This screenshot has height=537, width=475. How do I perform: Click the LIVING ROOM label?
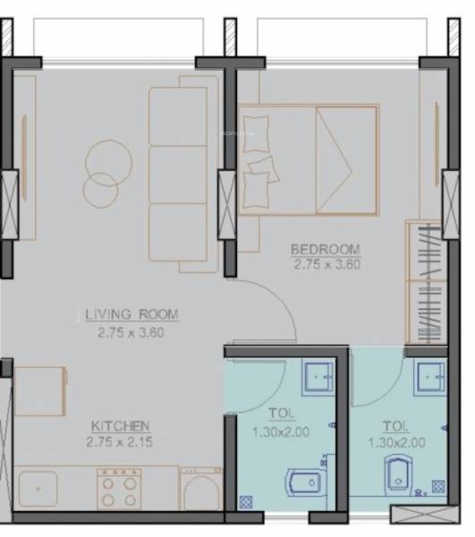[131, 314]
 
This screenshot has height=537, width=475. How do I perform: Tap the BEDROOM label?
[326, 249]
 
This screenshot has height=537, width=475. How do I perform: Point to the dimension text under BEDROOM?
[326, 264]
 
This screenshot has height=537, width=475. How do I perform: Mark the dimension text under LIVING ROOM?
[131, 331]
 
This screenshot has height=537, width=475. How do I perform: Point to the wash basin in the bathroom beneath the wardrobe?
[428, 376]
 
